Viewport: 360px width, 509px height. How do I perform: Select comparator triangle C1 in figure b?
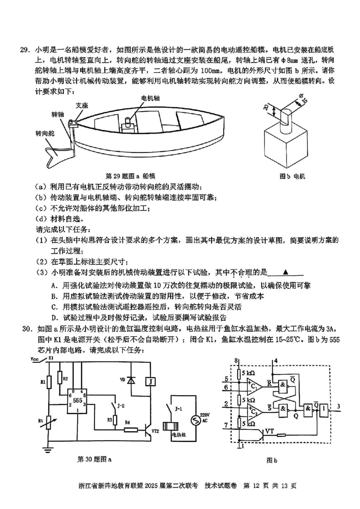(252, 385)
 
